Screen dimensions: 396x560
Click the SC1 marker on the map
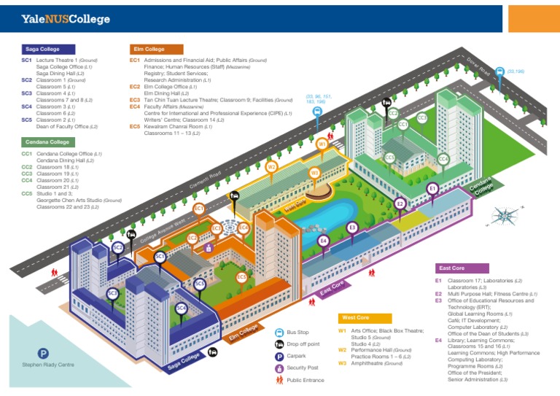click(x=160, y=257)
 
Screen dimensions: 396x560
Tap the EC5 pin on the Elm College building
click(x=241, y=277)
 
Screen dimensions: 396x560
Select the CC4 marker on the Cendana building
click(x=443, y=159)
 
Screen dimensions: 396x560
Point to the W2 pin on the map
click(x=271, y=167)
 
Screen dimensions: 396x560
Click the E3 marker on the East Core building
click(x=352, y=228)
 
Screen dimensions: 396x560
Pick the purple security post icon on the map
click(x=209, y=248)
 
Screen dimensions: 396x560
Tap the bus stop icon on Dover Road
click(x=499, y=71)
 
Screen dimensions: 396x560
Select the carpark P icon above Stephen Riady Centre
click(x=43, y=353)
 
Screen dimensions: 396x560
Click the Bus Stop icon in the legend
click(x=279, y=333)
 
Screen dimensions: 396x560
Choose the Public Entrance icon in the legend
click(x=279, y=379)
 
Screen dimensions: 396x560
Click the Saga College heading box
click(x=45, y=49)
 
